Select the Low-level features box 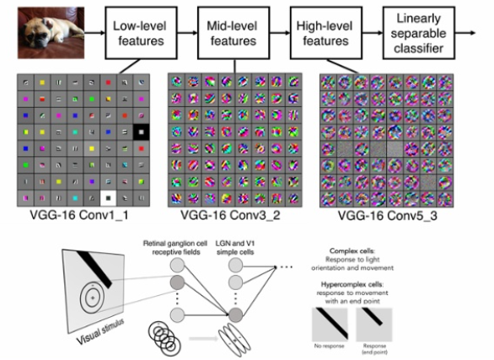[x=138, y=31]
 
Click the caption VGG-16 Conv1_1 [x=75, y=217]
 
